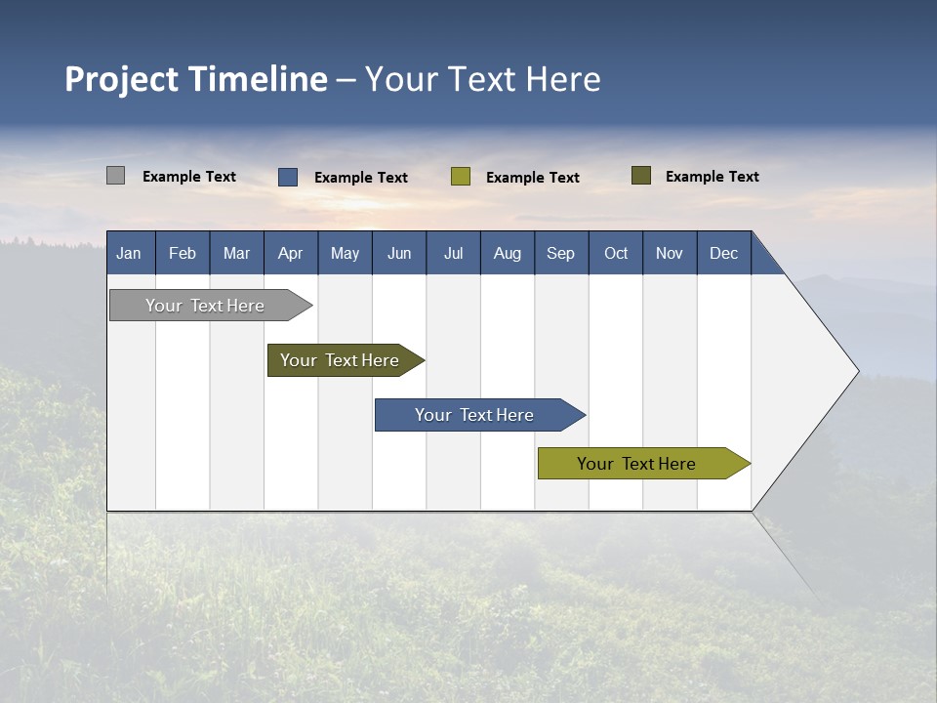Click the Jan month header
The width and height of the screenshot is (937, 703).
click(x=129, y=253)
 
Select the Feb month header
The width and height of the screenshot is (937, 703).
click(x=183, y=253)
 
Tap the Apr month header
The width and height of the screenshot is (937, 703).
click(x=290, y=253)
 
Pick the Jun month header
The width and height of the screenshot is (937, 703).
click(x=399, y=253)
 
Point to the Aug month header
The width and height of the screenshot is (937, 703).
click(x=507, y=253)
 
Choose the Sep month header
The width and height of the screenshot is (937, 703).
click(x=560, y=253)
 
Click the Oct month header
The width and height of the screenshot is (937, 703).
click(x=616, y=253)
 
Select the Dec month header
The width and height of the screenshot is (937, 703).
click(x=723, y=253)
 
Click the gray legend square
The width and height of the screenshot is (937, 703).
click(x=115, y=176)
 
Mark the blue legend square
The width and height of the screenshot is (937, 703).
click(x=288, y=177)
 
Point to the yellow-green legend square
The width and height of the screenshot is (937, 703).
click(x=461, y=177)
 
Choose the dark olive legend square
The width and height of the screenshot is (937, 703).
click(x=641, y=176)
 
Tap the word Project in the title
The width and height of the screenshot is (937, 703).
click(x=121, y=79)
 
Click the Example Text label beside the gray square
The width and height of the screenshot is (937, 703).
click(x=189, y=177)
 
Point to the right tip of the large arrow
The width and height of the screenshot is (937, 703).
click(x=856, y=371)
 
